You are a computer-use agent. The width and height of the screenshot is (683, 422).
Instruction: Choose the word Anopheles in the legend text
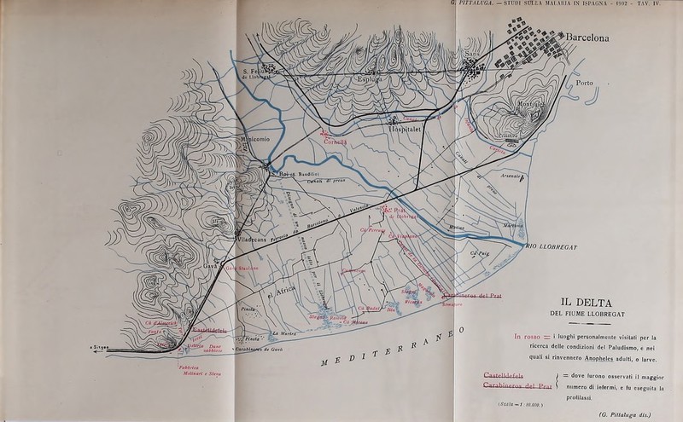tap(610, 359)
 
